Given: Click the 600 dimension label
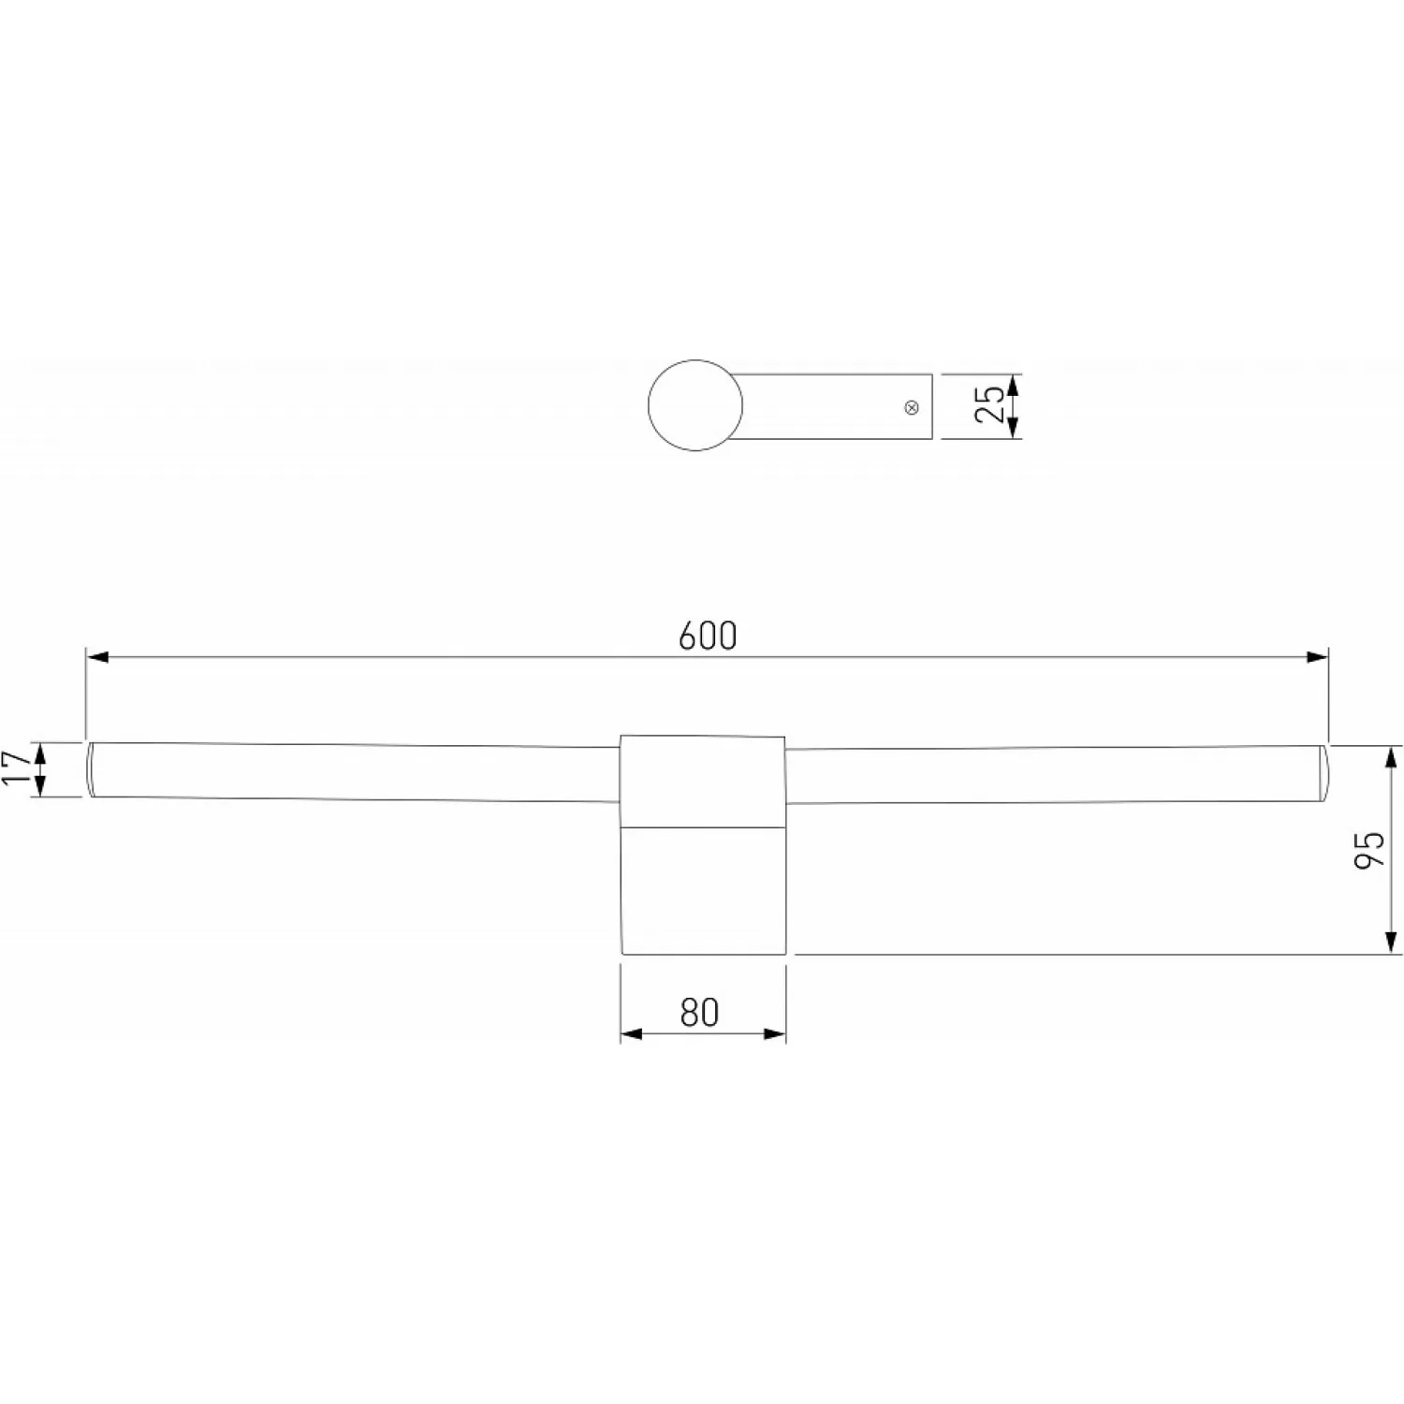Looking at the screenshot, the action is [708, 636].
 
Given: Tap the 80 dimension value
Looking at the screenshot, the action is [699, 1012].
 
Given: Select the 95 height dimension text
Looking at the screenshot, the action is [1369, 850].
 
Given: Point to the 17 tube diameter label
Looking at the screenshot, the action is [16, 768].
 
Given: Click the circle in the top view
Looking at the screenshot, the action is [695, 404].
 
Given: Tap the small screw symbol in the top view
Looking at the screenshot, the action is [912, 407].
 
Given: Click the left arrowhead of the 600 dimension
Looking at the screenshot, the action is [96, 657].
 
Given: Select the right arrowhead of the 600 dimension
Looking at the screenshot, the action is [1317, 657].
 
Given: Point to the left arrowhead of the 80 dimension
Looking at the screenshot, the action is [632, 1033].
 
